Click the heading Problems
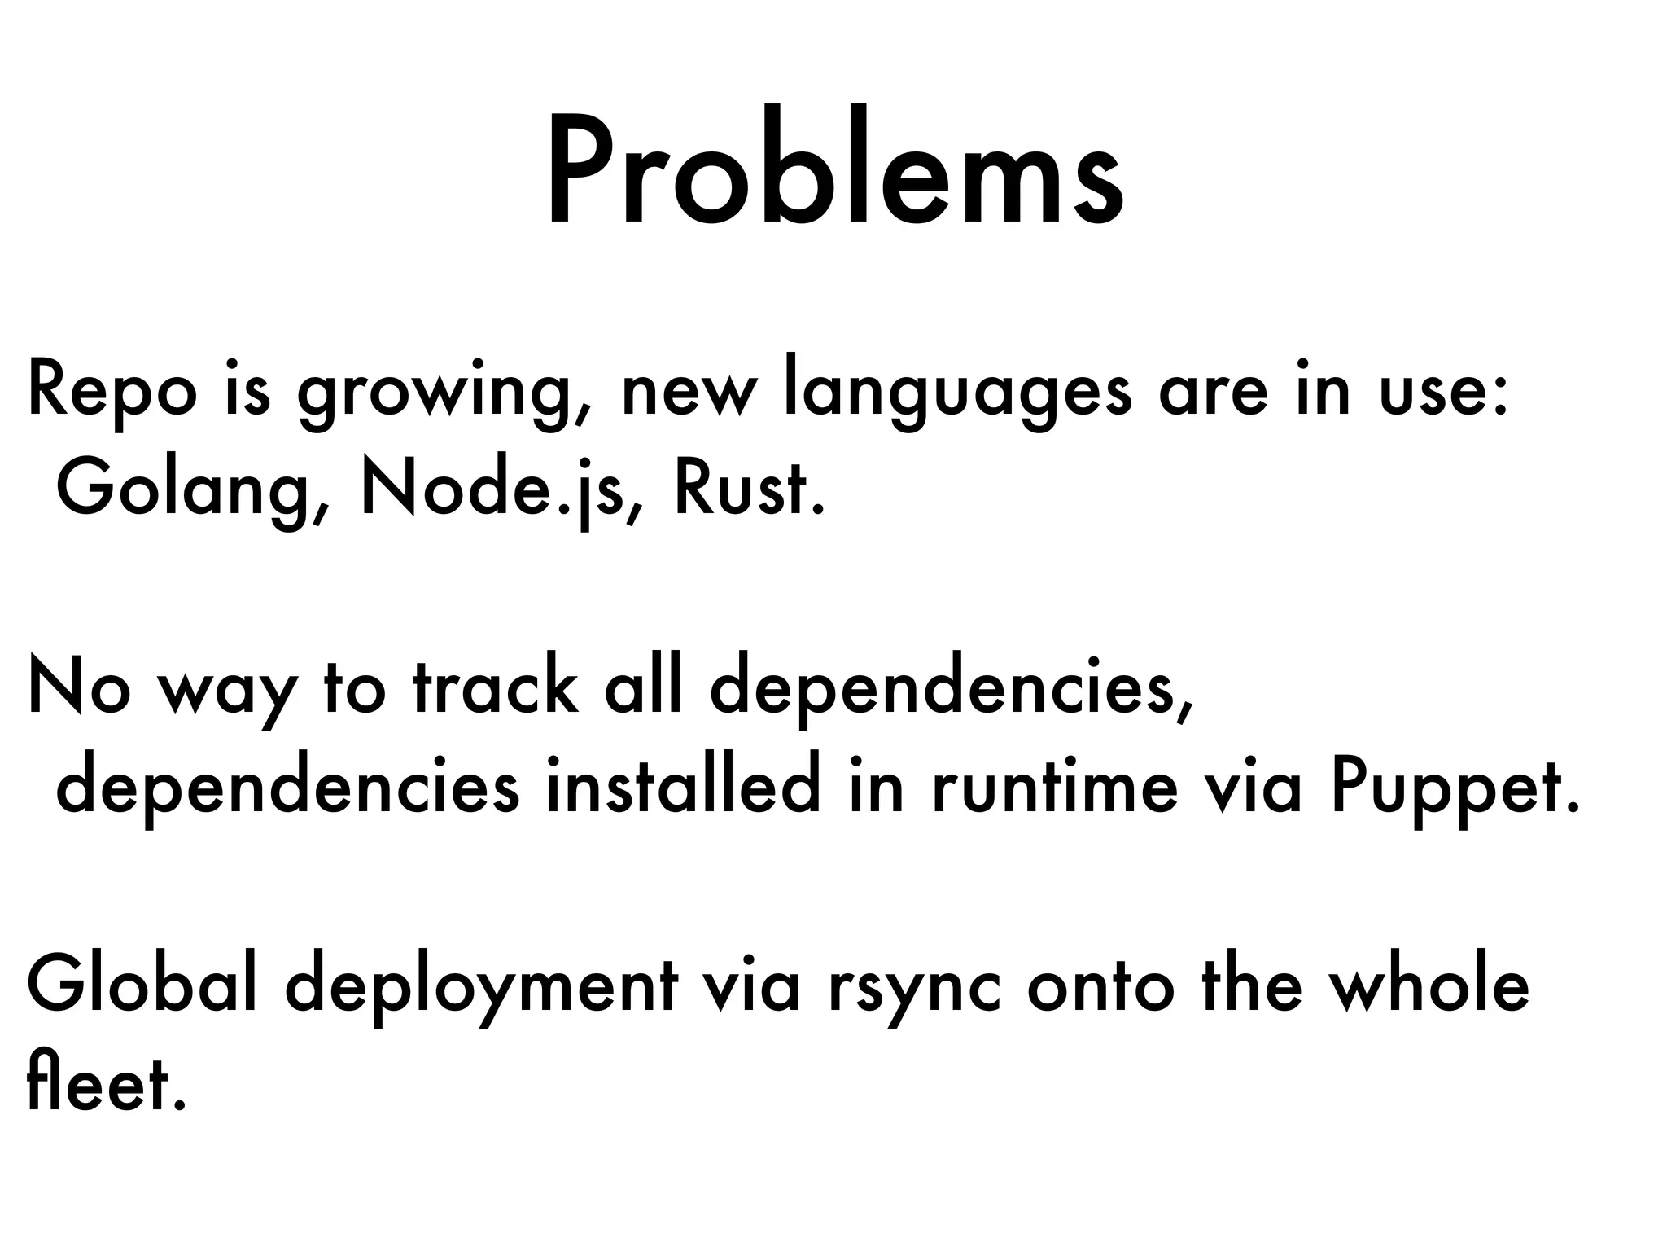[834, 171]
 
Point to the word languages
[957, 395]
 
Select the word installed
[682, 787]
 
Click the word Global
[142, 985]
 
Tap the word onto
[1102, 986]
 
